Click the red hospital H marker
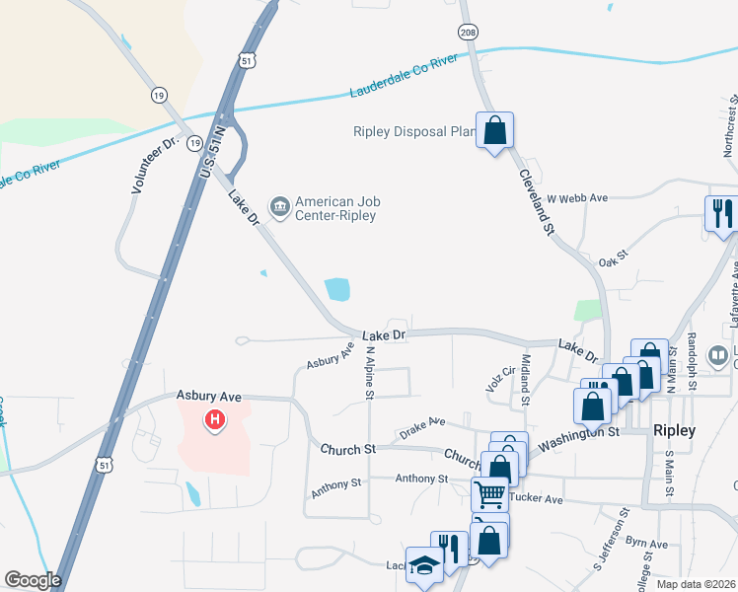click(x=214, y=422)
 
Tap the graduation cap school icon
click(x=424, y=566)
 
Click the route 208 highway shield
click(x=468, y=33)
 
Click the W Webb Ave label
click(x=577, y=197)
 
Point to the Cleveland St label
click(x=537, y=201)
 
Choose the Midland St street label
click(x=526, y=380)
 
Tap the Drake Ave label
click(x=422, y=426)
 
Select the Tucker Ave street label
click(x=539, y=499)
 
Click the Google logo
click(x=33, y=580)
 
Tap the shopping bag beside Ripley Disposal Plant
click(x=494, y=129)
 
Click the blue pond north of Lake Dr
click(x=337, y=289)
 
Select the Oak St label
click(x=615, y=262)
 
